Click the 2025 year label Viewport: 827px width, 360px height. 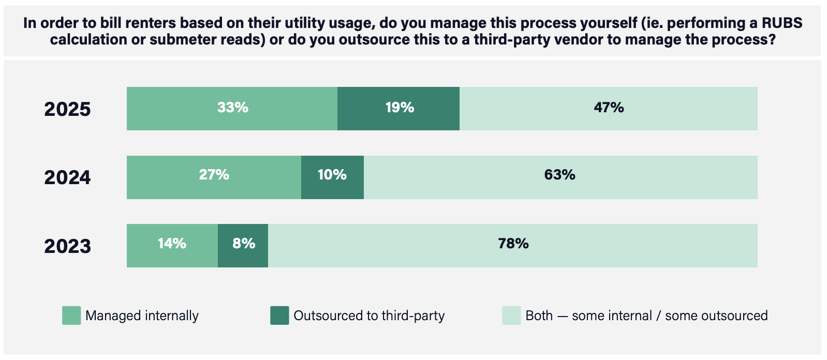67,109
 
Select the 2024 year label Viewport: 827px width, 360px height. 67,177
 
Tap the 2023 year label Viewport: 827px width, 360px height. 67,246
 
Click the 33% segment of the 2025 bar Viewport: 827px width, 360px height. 232,108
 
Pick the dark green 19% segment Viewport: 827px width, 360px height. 398,108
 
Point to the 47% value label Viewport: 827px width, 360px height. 609,108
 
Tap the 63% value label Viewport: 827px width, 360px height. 559,175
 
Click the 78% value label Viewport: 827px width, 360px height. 513,244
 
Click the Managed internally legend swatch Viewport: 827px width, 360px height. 71,316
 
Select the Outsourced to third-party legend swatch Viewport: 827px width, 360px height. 279,316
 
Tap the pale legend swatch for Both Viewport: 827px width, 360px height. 511,316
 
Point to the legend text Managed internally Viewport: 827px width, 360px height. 142,316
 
